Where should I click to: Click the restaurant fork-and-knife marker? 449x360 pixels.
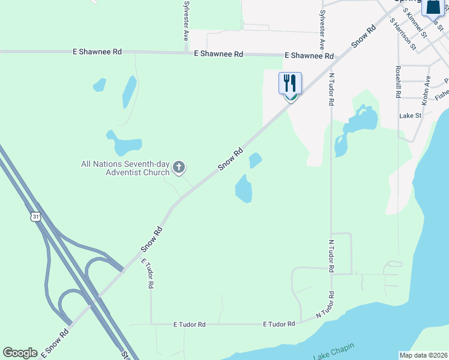coord(291,83)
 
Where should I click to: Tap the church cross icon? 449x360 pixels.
coord(178,167)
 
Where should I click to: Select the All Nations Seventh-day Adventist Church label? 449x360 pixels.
coord(126,168)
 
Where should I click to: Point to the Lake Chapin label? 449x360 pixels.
coord(333,350)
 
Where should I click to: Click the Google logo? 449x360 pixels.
coord(20,353)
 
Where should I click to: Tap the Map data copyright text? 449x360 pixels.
coord(423,355)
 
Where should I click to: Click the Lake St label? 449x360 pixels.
coord(411,116)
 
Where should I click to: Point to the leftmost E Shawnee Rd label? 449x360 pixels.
coord(97,52)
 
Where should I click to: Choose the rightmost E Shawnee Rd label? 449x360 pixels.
coord(309,56)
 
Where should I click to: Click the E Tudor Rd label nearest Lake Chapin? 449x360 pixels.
coord(279,324)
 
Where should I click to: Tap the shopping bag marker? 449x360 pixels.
coord(432,7)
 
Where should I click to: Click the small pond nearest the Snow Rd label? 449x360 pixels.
coord(255,160)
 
